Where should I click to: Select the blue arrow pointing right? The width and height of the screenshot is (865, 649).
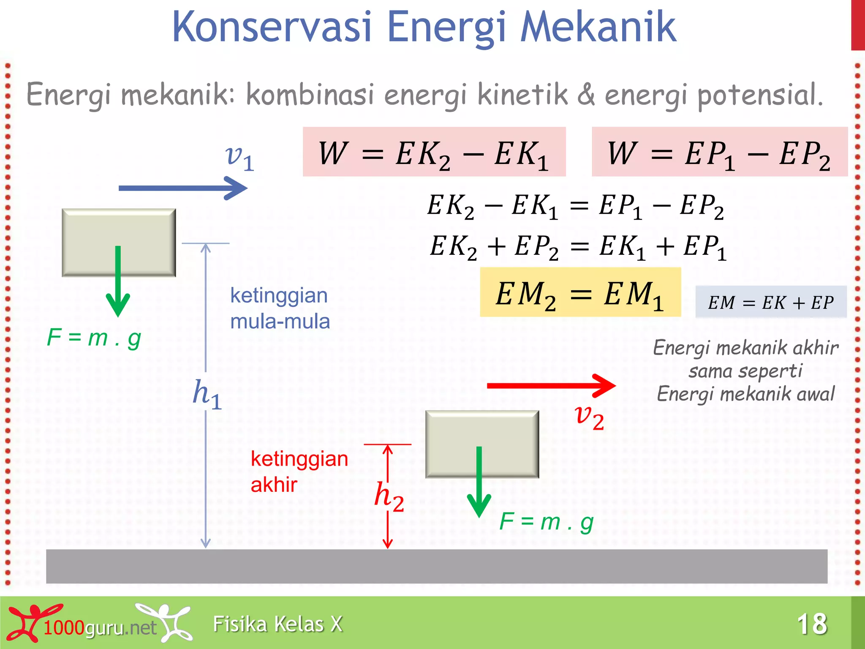pos(182,188)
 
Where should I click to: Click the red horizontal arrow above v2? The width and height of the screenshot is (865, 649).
pos(551,385)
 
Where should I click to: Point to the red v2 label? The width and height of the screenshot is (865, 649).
pos(590,417)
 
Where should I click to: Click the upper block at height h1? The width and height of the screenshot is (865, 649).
pos(119,228)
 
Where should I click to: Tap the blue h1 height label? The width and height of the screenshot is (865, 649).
pos(207,394)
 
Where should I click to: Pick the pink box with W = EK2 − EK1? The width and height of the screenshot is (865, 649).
pos(434,152)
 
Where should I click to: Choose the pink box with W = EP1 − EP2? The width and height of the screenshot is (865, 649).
pos(719,152)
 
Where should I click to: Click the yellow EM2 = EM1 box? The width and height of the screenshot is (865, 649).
pos(580,292)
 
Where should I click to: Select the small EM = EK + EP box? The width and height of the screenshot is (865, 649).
pos(771,302)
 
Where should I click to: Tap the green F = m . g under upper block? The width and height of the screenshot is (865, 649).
pos(94,338)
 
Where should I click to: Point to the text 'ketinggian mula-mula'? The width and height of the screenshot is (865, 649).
pos(280,308)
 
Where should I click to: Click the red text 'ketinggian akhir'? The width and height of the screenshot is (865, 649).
pos(299,472)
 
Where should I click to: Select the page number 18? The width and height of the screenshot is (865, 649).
pos(812,624)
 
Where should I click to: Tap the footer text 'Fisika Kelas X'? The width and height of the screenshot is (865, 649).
pos(277,624)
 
